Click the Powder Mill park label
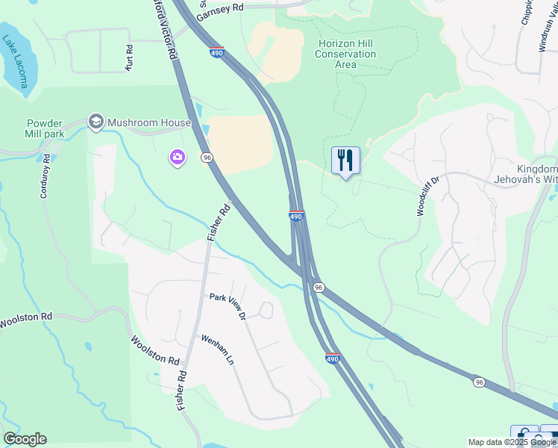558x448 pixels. (x=56, y=128)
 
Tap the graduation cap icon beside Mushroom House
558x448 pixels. (x=95, y=120)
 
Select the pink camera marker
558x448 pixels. (x=178, y=158)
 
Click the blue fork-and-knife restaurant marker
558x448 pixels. (x=345, y=161)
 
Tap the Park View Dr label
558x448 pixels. (x=228, y=305)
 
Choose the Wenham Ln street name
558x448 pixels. (x=217, y=349)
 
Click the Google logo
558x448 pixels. (x=25, y=439)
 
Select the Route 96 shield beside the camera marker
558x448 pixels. (x=207, y=158)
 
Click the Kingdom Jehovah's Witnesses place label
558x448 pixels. (x=525, y=174)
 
